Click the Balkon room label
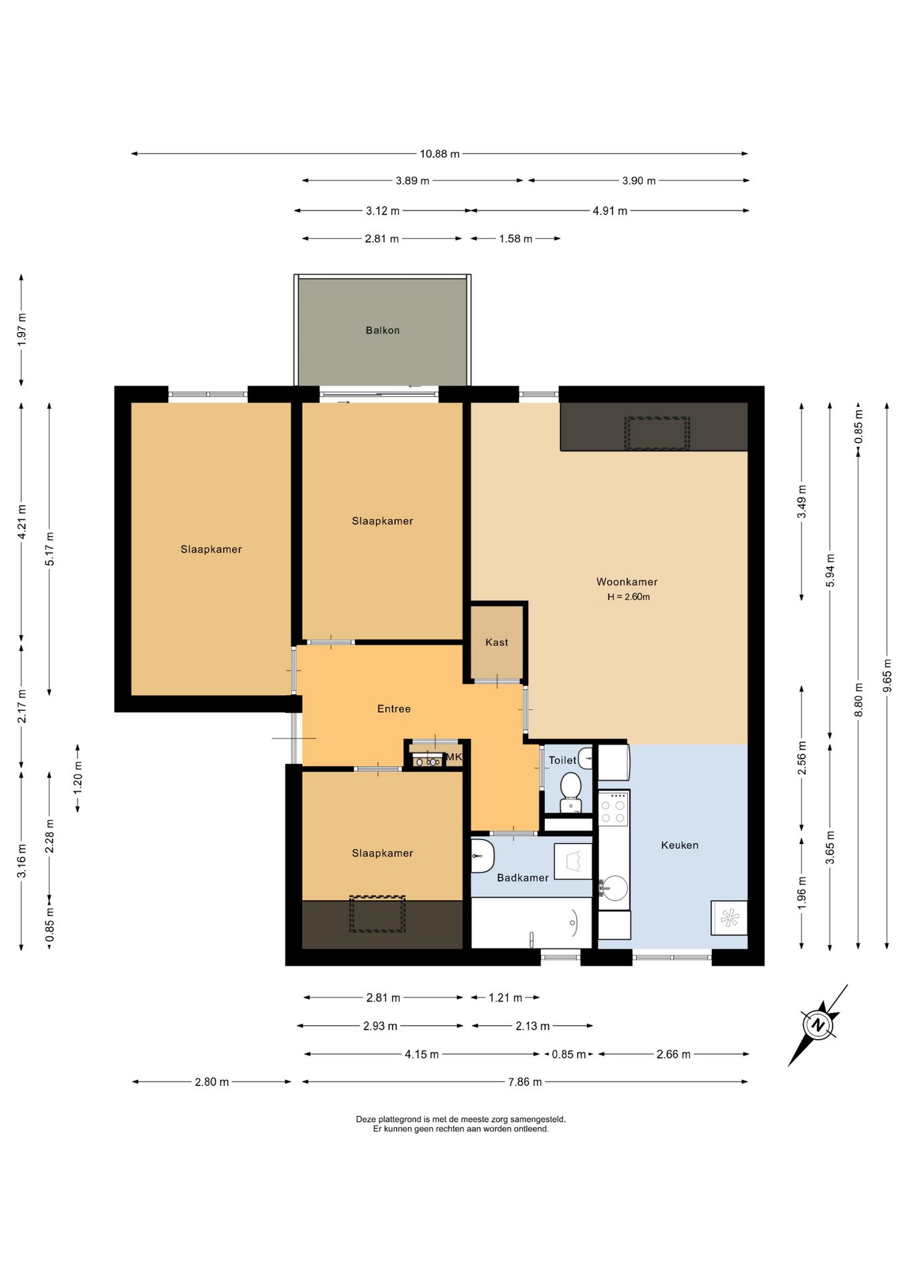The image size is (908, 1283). (382, 330)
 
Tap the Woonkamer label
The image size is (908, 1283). (627, 582)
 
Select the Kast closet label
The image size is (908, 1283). (497, 642)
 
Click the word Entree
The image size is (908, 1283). (394, 709)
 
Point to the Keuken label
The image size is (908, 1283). (679, 845)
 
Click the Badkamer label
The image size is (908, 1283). (523, 878)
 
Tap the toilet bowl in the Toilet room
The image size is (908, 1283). (570, 792)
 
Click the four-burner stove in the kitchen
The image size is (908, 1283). (613, 809)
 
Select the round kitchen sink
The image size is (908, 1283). (614, 889)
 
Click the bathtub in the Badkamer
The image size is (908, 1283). (532, 923)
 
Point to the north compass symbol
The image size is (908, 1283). (817, 1024)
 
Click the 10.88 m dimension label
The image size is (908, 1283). (439, 154)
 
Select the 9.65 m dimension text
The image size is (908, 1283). (887, 676)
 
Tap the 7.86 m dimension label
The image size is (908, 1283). (525, 1082)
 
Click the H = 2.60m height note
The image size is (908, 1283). (629, 597)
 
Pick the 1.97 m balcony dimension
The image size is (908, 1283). (21, 329)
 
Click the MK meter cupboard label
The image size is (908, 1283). (454, 757)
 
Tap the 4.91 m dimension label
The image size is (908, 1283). (610, 211)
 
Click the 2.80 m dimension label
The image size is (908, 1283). (212, 1082)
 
